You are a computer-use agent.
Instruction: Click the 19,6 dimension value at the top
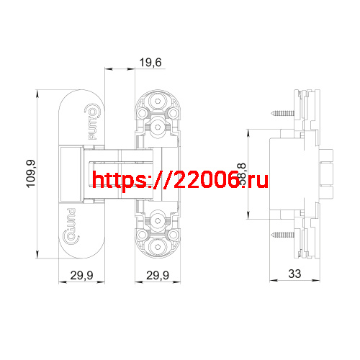(150, 63)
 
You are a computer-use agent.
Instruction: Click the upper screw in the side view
(282, 113)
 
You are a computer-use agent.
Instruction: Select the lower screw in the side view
(282, 235)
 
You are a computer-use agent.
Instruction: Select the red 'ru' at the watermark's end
(257, 181)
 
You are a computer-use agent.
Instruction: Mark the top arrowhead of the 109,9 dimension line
(40, 92)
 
